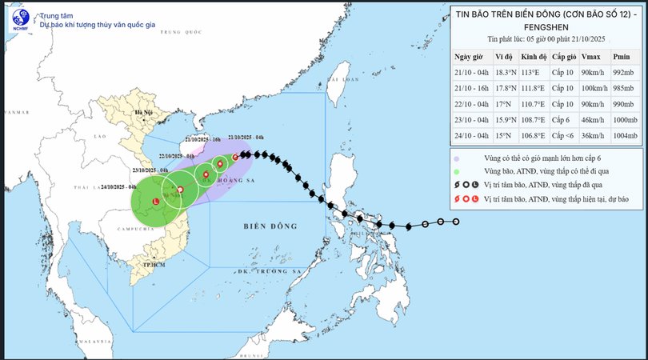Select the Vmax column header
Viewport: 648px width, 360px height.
coord(590,57)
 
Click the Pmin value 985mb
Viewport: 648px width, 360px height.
coord(622,88)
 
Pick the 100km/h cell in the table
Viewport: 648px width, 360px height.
coord(593,88)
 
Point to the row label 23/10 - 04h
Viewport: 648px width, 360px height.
coord(470,120)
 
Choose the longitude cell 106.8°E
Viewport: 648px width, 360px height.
coord(532,136)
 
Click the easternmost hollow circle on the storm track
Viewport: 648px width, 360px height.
coord(456,222)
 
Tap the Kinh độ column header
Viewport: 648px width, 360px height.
coord(533,57)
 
